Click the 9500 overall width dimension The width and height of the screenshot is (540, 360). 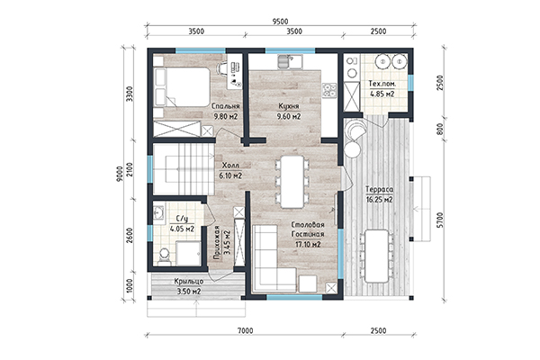[280, 22]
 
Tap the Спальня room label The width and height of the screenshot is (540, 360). [226, 106]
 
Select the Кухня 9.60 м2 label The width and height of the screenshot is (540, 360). [289, 111]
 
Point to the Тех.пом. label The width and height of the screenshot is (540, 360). [382, 84]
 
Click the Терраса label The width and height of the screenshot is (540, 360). [379, 190]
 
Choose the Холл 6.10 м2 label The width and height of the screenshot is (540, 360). [230, 170]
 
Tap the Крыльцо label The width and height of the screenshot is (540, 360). [189, 282]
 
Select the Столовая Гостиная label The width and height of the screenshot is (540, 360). [308, 229]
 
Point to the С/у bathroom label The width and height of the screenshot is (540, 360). [181, 219]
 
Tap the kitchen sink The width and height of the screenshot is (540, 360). [290, 61]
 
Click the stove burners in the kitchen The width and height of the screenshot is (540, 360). [328, 90]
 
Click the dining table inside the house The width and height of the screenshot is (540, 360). [292, 182]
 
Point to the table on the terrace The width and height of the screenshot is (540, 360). [377, 256]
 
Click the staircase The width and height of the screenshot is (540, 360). [184, 169]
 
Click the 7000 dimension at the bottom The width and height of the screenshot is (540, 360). [245, 330]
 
